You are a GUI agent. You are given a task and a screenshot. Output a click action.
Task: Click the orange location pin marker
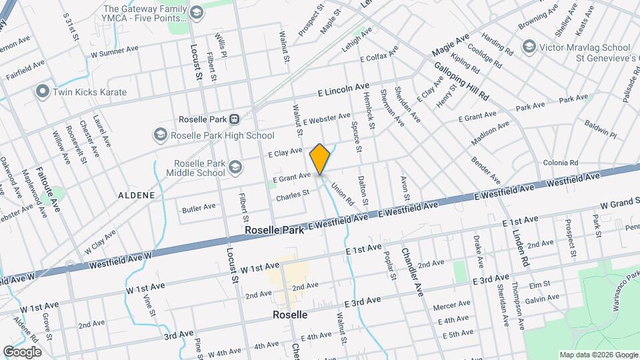(320, 159)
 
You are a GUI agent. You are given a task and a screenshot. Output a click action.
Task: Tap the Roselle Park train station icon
(235, 119)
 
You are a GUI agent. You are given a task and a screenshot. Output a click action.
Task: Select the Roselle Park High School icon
(160, 135)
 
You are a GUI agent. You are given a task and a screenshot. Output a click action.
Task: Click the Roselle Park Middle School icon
(235, 167)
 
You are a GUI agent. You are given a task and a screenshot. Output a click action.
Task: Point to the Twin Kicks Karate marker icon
(43, 91)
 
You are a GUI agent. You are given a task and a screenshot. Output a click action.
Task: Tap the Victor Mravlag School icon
(529, 47)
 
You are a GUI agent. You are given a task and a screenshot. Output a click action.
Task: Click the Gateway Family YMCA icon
(197, 13)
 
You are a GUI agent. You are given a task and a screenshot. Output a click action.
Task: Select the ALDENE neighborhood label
(136, 195)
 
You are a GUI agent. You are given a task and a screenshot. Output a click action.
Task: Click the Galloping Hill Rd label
(462, 81)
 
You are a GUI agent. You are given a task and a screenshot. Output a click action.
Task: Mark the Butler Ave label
(199, 209)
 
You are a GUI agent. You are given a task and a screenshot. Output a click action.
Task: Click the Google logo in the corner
(22, 351)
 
